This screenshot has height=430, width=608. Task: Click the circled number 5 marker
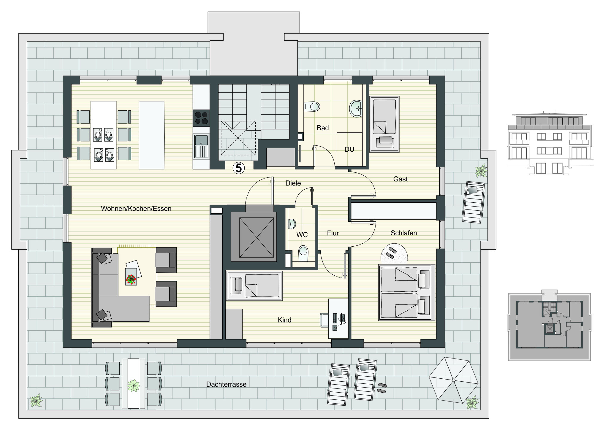tap(239, 169)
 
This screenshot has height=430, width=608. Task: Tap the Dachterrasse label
tap(226, 384)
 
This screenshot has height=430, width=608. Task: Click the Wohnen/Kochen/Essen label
tap(136, 209)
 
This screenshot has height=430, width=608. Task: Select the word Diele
tap(293, 183)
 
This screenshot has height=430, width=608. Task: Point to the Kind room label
tap(284, 320)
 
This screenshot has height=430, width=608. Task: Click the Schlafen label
tap(404, 233)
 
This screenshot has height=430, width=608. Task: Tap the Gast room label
tap(400, 179)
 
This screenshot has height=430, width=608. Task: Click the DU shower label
tap(349, 149)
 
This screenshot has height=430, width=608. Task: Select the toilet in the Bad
tap(312, 106)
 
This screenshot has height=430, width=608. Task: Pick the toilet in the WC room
tap(303, 253)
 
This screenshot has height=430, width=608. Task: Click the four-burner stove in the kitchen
tap(201, 118)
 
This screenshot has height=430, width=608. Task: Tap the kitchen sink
tap(201, 146)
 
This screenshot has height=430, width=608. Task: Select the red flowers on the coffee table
tap(131, 279)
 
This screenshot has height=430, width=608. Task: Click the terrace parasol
tap(453, 380)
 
